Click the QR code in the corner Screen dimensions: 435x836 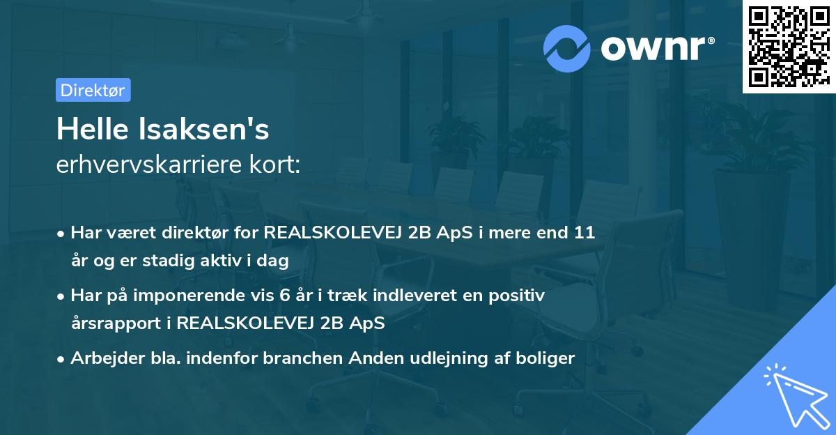click(x=788, y=46)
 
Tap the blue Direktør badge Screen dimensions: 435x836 click(x=93, y=90)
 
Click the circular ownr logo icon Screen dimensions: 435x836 click(x=568, y=48)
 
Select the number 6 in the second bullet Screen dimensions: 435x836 click(x=285, y=295)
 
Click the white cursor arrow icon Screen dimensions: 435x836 click(x=794, y=394)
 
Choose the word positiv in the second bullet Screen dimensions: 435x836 click(x=519, y=295)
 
